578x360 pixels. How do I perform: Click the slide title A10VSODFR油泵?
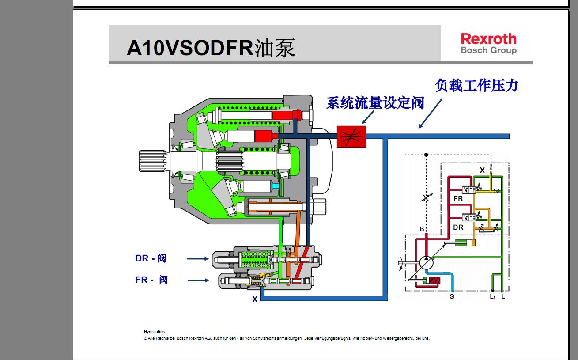point(211,48)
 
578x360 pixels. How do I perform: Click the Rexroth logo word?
point(488,38)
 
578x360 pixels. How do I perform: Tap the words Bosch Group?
point(488,50)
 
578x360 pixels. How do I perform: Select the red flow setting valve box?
point(351,136)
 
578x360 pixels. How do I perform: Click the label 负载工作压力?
point(476,85)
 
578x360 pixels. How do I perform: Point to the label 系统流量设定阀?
point(375,103)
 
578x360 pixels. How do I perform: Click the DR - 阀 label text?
point(151,258)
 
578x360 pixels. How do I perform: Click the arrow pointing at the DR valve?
point(197,258)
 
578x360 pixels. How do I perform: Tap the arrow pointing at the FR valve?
point(197,280)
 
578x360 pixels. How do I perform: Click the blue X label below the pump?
point(255,299)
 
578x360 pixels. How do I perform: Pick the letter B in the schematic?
point(422,229)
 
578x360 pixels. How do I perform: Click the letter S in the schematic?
point(452,296)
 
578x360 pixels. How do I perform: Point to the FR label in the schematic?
point(458,199)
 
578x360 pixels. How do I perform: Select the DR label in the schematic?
point(458,227)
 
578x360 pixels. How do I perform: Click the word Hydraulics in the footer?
point(154,331)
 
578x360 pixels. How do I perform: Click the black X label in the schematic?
point(482,170)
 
